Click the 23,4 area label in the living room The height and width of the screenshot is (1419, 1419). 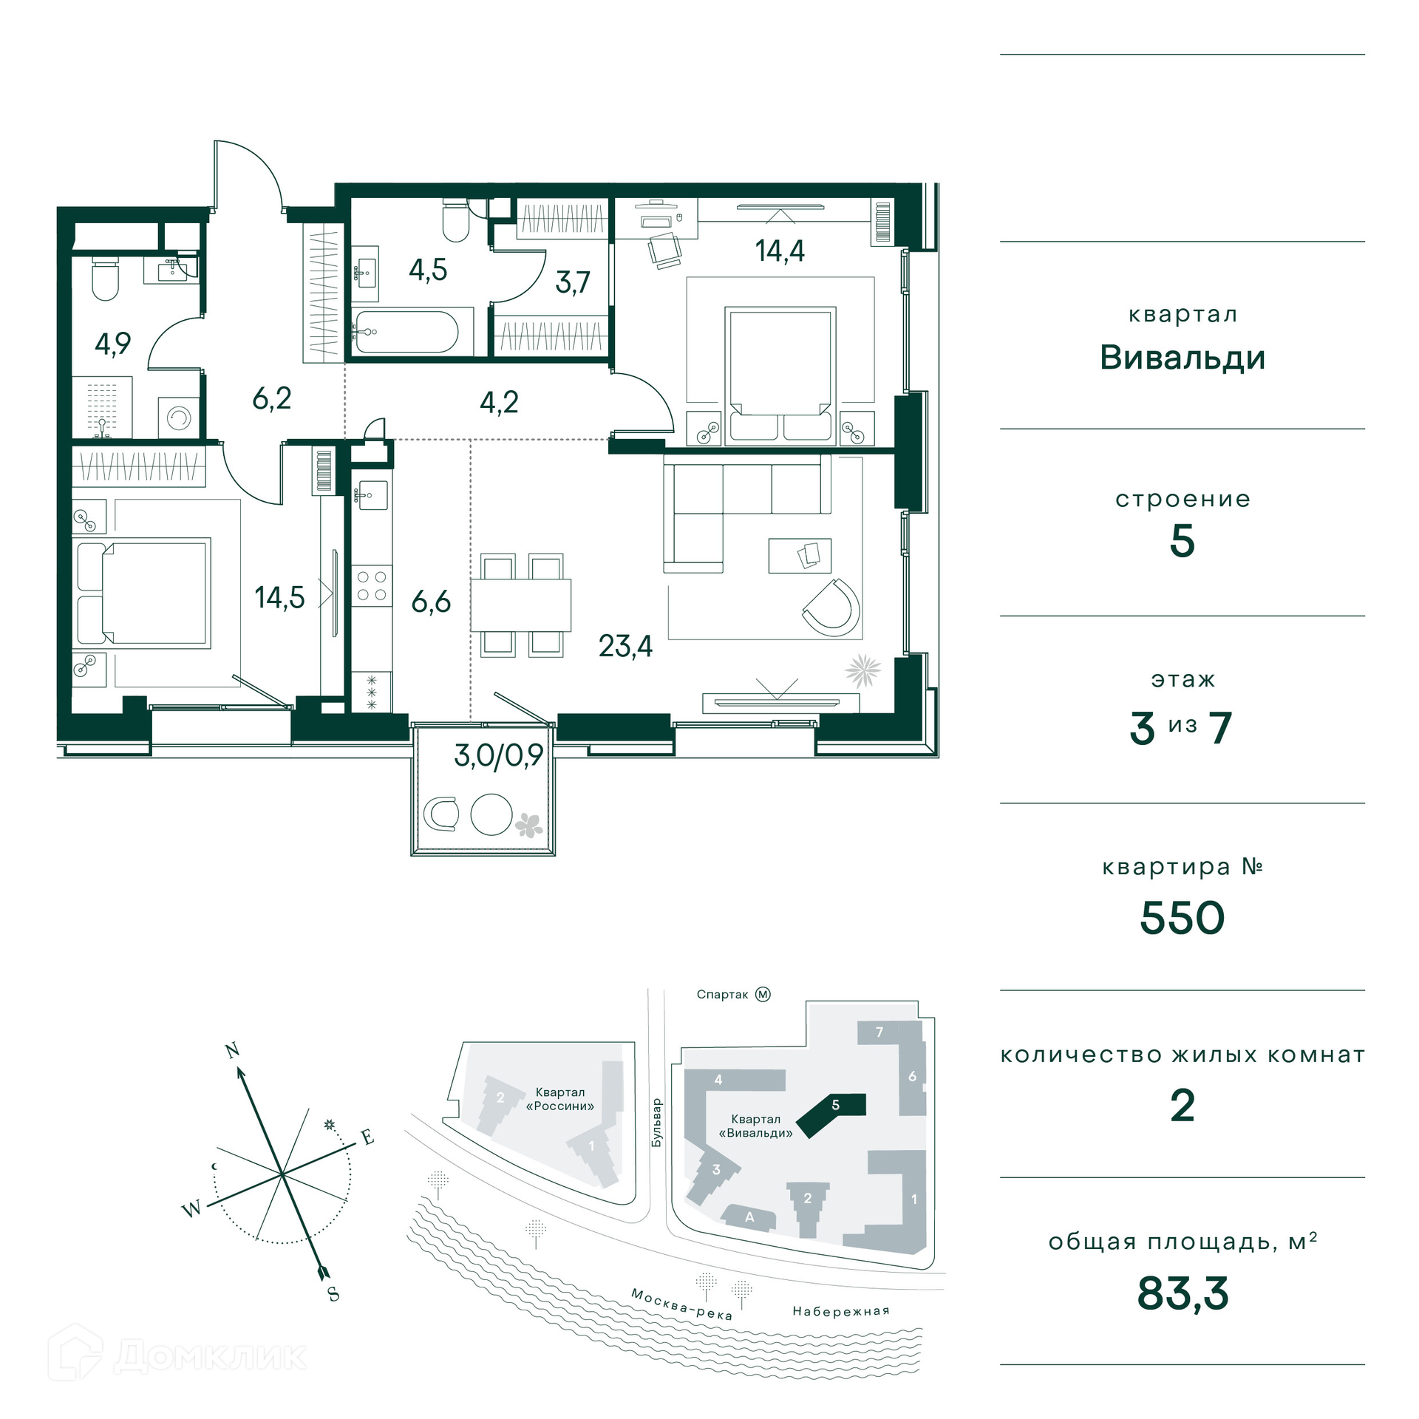625,647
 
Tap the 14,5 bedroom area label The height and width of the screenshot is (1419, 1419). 279,597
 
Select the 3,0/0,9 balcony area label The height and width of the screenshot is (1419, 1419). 498,755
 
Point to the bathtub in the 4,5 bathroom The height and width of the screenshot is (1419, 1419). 406,332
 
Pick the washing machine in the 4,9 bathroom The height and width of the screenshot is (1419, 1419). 179,418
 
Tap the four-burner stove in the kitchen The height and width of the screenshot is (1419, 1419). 372,585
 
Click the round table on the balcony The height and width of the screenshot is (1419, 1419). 491,814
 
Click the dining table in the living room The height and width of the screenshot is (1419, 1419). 521,605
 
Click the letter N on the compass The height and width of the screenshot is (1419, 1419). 232,1051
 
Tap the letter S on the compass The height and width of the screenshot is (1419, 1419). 333,1294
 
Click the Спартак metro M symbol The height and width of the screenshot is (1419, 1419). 763,994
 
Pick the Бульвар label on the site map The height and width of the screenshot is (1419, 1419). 656,1123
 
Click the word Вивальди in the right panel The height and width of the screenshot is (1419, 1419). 1182,358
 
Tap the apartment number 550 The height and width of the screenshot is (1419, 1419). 1182,918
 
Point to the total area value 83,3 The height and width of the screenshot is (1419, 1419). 1182,1293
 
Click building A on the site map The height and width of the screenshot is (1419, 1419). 749,1217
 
